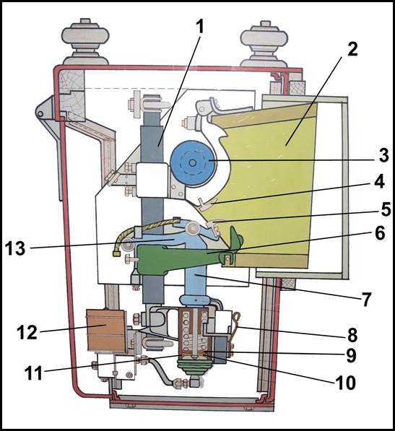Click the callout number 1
tap(200, 27)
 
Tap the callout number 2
tap(352, 50)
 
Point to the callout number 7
tap(365, 299)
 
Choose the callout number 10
tap(345, 382)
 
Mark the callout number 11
tap(34, 373)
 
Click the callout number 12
tap(27, 332)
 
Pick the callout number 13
tap(15, 248)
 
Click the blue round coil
tap(192, 162)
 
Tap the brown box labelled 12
tap(106, 331)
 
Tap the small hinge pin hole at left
tap(40, 113)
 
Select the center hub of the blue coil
tap(192, 163)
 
